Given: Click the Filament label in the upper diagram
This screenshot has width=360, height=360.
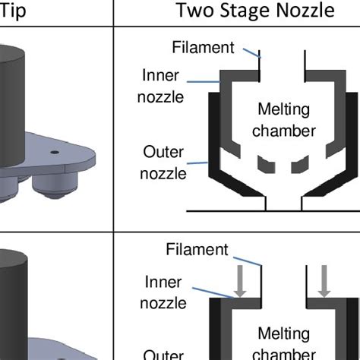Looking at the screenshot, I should [203, 48].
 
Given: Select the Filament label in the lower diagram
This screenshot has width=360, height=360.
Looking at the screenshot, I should [197, 250].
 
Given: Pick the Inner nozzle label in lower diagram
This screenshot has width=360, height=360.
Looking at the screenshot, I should [165, 292].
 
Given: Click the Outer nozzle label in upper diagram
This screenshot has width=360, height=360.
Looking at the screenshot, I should [164, 163].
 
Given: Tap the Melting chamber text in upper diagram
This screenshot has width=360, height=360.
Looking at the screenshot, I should [283, 120].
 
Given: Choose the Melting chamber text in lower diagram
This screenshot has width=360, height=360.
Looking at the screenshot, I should [283, 343].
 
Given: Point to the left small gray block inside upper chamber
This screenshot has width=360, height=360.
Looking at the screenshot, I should [264, 163].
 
